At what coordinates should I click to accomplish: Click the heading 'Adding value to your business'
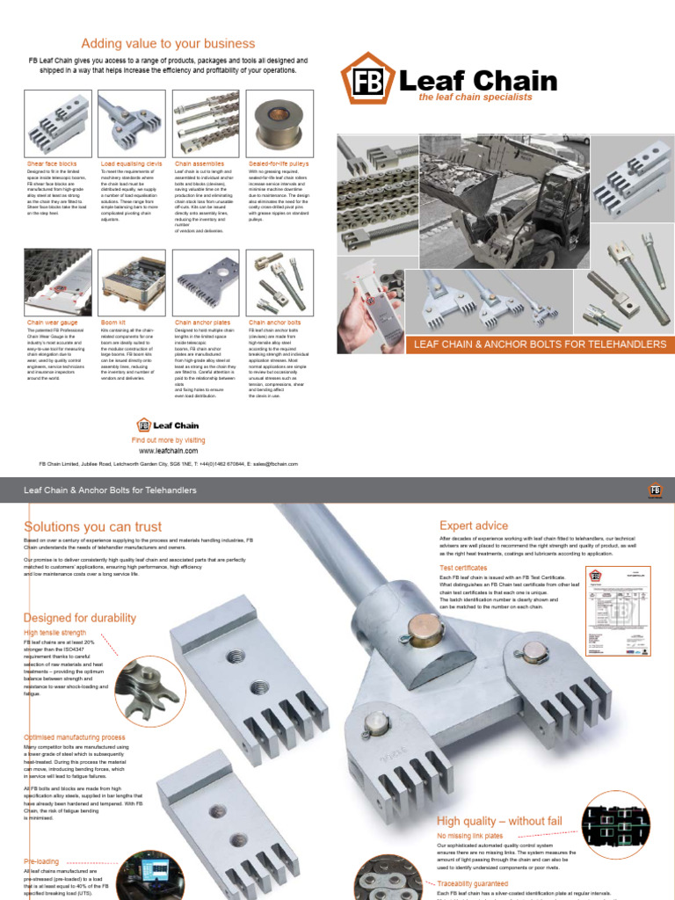click(168, 43)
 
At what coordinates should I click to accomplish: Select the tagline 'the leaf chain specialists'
click(475, 98)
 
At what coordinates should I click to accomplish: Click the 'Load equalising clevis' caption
click(131, 163)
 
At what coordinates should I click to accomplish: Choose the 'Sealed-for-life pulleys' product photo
click(278, 122)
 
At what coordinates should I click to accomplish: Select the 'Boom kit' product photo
click(131, 280)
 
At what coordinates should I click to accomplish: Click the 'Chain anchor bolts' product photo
click(278, 280)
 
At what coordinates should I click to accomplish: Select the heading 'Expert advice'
click(474, 526)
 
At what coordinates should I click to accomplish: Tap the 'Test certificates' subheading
click(463, 568)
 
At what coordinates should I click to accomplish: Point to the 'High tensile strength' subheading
click(54, 632)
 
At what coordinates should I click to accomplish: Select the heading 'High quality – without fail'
click(499, 820)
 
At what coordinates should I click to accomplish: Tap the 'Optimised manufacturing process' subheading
click(74, 737)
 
